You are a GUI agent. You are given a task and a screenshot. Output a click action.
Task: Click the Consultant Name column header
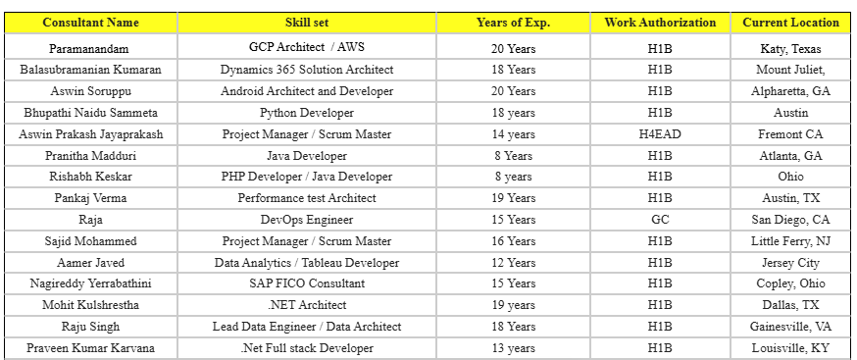pyautogui.click(x=91, y=22)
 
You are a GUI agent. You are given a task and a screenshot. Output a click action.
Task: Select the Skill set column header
pyautogui.click(x=306, y=22)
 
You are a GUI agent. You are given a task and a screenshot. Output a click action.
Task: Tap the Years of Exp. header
pyautogui.click(x=513, y=22)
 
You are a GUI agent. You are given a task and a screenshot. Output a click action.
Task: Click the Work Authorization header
pyautogui.click(x=660, y=22)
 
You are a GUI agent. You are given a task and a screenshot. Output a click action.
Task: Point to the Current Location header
pyautogui.click(x=790, y=22)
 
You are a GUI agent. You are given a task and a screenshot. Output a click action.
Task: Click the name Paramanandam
pyautogui.click(x=91, y=47)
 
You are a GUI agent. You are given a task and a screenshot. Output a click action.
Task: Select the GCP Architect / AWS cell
pyautogui.click(x=306, y=47)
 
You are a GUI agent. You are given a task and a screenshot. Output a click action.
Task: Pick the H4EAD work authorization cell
pyautogui.click(x=660, y=134)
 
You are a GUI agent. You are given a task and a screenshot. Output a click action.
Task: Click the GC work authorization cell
pyautogui.click(x=660, y=220)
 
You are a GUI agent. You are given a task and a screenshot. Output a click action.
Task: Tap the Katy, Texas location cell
pyautogui.click(x=790, y=47)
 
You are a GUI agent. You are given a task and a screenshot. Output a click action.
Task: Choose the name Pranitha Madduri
pyautogui.click(x=91, y=156)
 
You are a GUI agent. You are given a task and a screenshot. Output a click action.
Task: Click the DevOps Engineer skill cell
pyautogui.click(x=306, y=220)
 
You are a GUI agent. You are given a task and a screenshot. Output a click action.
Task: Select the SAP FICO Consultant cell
pyautogui.click(x=306, y=283)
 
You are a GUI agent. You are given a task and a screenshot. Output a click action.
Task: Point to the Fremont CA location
pyautogui.click(x=790, y=134)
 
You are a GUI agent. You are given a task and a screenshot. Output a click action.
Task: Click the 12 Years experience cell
pyautogui.click(x=513, y=263)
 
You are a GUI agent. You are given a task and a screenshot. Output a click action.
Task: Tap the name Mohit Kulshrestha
pyautogui.click(x=91, y=305)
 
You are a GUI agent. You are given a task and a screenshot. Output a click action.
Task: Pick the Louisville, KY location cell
pyautogui.click(x=790, y=348)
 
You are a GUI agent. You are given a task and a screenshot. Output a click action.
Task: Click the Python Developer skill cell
pyautogui.click(x=306, y=113)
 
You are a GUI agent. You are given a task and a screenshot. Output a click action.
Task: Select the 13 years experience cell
pyautogui.click(x=513, y=348)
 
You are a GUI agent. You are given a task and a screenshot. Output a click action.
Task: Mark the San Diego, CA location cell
pyautogui.click(x=790, y=220)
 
